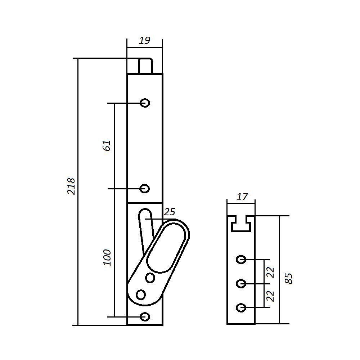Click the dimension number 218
tap(71, 186)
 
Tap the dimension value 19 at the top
tap(145, 41)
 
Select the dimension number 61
tap(107, 145)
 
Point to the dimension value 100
tap(107, 258)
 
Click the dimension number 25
tap(170, 212)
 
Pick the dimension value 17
tap(242, 197)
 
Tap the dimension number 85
tap(288, 279)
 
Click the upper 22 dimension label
tap(270, 273)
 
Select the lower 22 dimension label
tap(270, 296)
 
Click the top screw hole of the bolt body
tap(145, 103)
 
